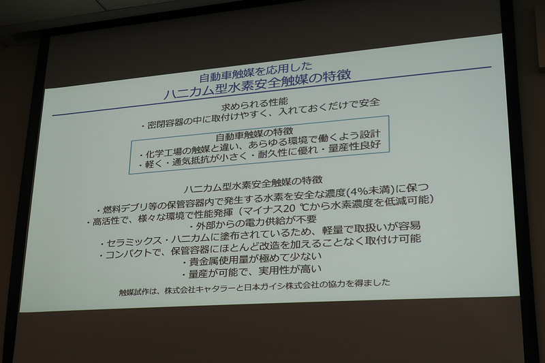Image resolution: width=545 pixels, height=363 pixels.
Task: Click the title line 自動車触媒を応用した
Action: point(255,69)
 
